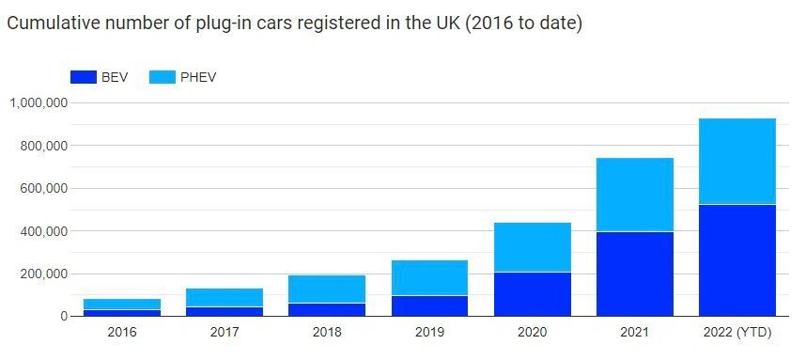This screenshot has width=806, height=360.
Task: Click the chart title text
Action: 294,23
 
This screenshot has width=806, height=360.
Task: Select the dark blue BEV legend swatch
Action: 84,77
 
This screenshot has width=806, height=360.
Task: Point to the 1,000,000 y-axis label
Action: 37,103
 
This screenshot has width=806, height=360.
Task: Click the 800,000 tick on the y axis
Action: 42,146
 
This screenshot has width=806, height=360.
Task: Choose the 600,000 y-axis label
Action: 42,189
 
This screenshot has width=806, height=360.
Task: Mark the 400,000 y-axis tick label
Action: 42,231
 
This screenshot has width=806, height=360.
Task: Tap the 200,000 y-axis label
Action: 42,274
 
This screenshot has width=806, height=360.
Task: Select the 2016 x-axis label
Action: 122,333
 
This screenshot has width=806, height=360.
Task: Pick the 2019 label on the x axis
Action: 429,333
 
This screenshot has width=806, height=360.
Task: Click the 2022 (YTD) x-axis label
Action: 737,333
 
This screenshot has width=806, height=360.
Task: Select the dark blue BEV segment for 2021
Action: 635,274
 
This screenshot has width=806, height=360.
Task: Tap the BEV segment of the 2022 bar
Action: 737,260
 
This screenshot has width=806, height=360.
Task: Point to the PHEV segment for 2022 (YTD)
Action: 737,161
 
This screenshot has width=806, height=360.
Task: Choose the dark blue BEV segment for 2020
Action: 533,294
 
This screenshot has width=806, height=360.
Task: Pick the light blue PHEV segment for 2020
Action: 533,247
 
